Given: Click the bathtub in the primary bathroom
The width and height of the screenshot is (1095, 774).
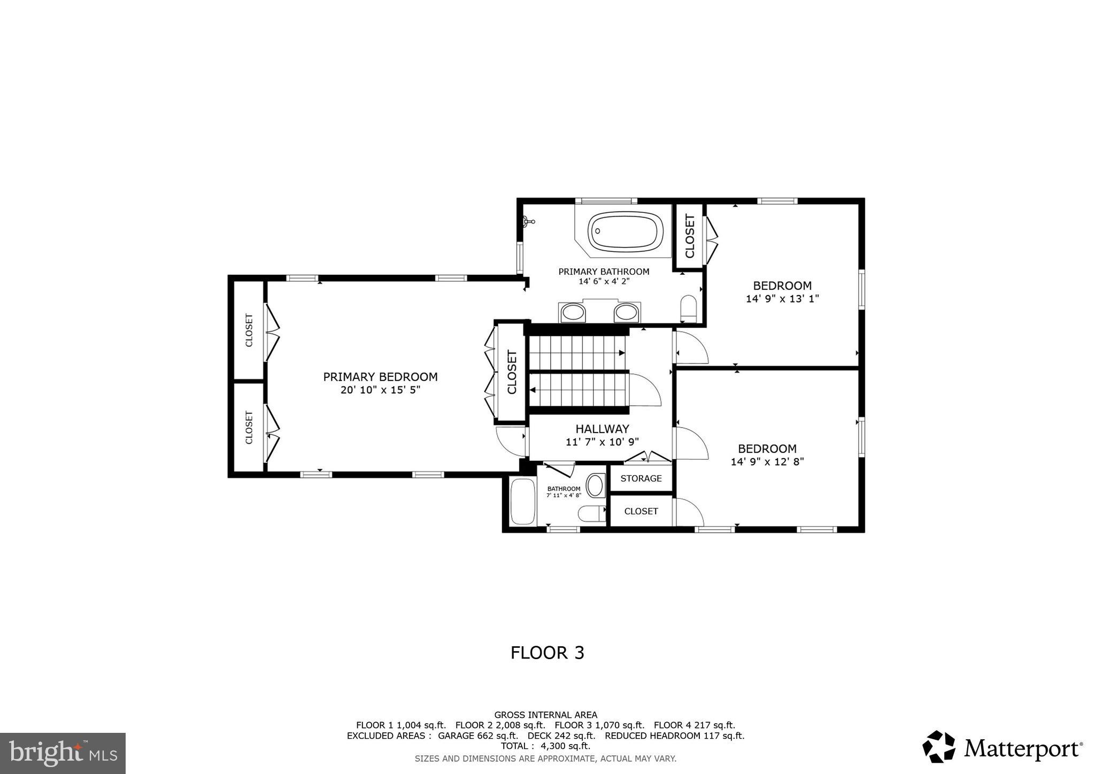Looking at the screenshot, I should coord(625,231).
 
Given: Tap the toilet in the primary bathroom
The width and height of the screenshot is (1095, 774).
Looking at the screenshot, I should coord(689,309).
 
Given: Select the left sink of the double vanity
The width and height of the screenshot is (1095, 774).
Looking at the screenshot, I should coord(573,312).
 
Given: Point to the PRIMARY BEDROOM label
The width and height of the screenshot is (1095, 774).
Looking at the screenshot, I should coord(380,377).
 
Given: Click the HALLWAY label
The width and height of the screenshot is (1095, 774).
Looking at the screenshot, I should coord(602,429).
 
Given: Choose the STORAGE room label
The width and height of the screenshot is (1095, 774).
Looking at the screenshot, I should coord(641,478).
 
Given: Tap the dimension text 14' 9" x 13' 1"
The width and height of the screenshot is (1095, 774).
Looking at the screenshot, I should coord(782,299).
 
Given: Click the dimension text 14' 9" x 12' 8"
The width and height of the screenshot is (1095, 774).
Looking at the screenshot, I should coord(767,462).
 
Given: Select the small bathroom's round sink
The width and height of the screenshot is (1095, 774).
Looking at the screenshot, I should coord(595,485).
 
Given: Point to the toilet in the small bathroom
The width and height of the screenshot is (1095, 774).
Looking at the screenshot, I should coord(591,514).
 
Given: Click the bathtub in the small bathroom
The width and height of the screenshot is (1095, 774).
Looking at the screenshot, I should coord(523,501).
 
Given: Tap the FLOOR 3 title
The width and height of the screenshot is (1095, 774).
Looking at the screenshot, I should coord(547,653).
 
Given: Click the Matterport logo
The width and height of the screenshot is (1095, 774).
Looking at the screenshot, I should coord(1002,747).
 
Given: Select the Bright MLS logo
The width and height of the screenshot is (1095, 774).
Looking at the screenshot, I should coord(63,753).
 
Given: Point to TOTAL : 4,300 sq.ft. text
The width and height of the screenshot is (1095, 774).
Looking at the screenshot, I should coord(545,746).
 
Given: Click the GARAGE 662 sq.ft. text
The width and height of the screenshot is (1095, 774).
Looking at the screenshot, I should coord(477,736).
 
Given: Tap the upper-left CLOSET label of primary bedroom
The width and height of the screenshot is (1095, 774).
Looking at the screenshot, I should coord(249,330).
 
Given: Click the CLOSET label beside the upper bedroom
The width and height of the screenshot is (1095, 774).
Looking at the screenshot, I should coord(690,236).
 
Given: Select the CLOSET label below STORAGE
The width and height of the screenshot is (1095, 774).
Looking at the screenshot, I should coord(641,512).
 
